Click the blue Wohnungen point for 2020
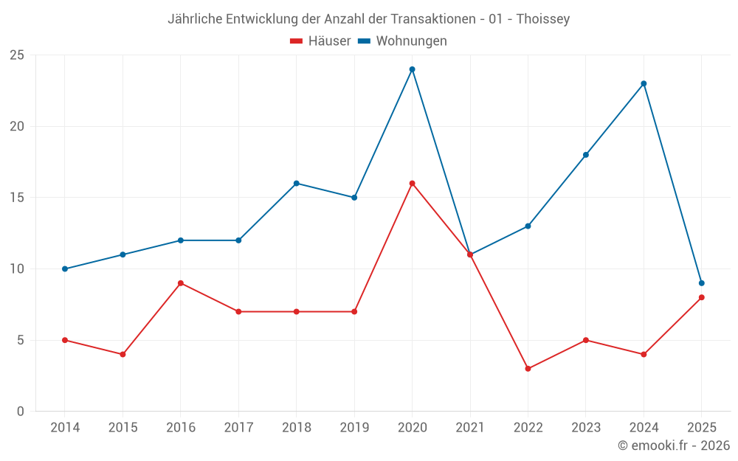click(x=413, y=69)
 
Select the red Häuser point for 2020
click(x=413, y=184)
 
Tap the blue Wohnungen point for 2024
click(x=644, y=84)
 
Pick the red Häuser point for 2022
click(x=528, y=369)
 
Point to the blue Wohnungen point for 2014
click(x=65, y=269)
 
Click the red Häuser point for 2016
click(x=181, y=283)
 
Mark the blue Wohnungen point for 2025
click(x=702, y=283)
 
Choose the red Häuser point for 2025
click(x=702, y=297)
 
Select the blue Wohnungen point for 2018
click(x=297, y=184)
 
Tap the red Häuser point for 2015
click(x=123, y=355)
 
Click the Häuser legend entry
click(x=320, y=41)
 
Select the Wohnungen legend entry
click(x=402, y=41)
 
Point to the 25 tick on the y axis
click(x=17, y=55)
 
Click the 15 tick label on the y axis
click(x=17, y=198)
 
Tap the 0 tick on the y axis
click(x=20, y=412)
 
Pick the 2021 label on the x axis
click(x=470, y=428)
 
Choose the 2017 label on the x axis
click(x=238, y=428)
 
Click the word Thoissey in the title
click(x=543, y=19)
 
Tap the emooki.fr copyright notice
click(x=674, y=446)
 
